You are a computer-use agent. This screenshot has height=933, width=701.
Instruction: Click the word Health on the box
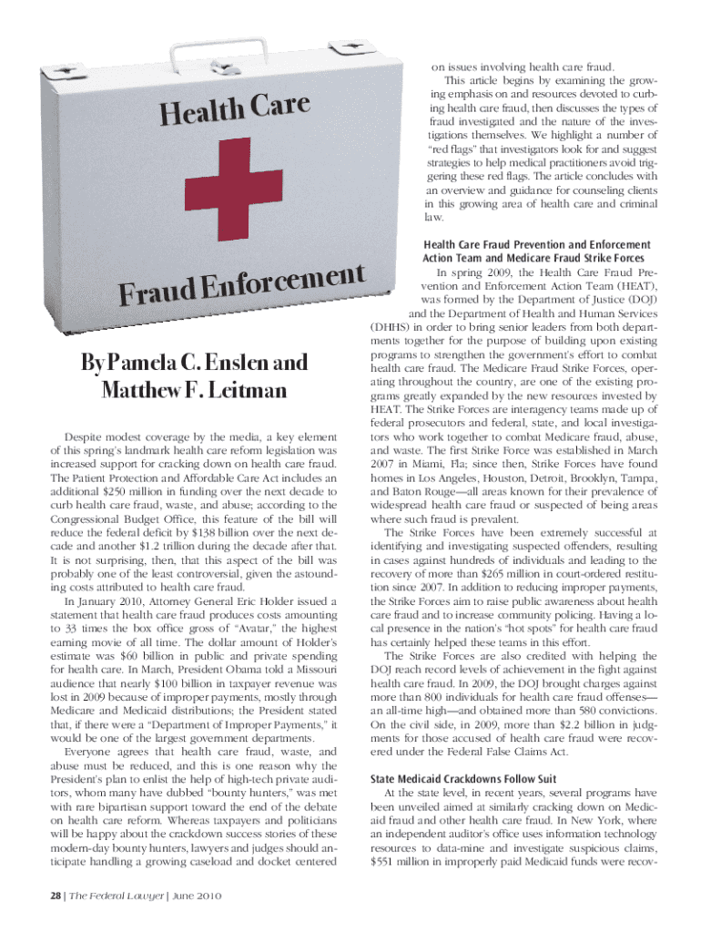pyautogui.click(x=202, y=116)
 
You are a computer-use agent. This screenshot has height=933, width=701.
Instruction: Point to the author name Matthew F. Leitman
pyautogui.click(x=195, y=391)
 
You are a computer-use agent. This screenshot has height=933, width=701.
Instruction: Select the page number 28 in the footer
pyautogui.click(x=33, y=893)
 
